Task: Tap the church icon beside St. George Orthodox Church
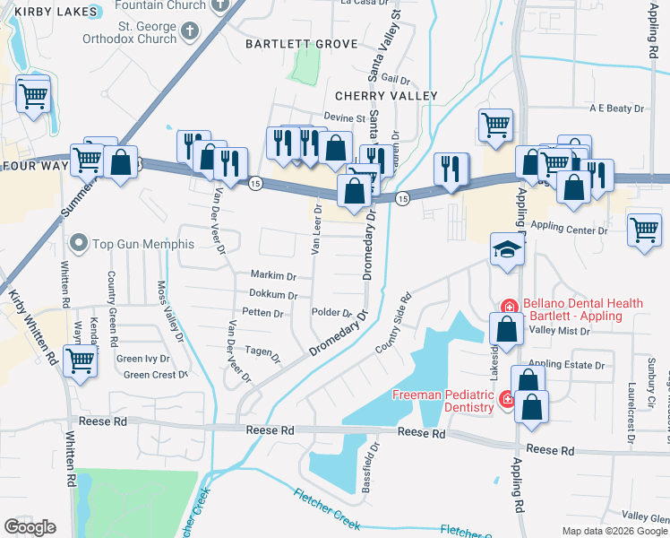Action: (x=188, y=32)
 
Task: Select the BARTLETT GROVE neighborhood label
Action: (x=302, y=44)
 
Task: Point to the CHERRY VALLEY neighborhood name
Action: (x=386, y=96)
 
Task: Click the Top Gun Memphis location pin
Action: (x=81, y=243)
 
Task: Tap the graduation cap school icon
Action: (x=505, y=250)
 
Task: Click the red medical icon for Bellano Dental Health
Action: (x=509, y=305)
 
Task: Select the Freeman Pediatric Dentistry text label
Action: (x=442, y=401)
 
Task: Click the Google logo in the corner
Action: (x=30, y=527)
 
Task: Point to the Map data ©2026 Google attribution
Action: (x=614, y=531)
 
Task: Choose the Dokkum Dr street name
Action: (x=273, y=294)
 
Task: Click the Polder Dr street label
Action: (x=331, y=313)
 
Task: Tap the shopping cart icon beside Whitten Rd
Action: (x=81, y=361)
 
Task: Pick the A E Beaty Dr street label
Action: (x=616, y=108)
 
